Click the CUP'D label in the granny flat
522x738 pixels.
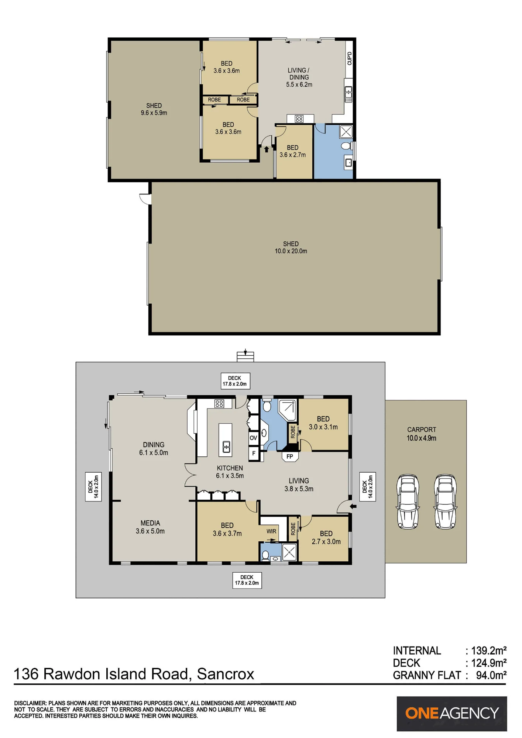coord(349,58)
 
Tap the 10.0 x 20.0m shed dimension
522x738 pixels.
coord(291,251)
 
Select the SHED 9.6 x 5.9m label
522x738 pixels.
coord(154,109)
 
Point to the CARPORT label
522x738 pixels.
coord(422,430)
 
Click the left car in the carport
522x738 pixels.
coord(408,502)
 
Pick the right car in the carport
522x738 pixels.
coord(445,502)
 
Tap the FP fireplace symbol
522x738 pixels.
coord(290,456)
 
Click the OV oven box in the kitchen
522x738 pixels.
coord(253,438)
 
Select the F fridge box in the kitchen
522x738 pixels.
coord(254,454)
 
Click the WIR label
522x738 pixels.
coord(271,531)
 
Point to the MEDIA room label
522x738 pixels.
coord(150,523)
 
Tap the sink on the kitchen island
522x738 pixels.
coord(226,446)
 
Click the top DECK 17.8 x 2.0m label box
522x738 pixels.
coord(235,381)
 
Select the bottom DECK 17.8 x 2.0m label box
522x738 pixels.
coord(247,580)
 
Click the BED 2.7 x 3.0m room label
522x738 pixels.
coord(326,538)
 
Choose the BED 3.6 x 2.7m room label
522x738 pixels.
coord(293,151)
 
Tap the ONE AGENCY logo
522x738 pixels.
coord(452,714)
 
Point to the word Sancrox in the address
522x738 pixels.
coord(226,674)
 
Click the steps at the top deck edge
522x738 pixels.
coord(245,357)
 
